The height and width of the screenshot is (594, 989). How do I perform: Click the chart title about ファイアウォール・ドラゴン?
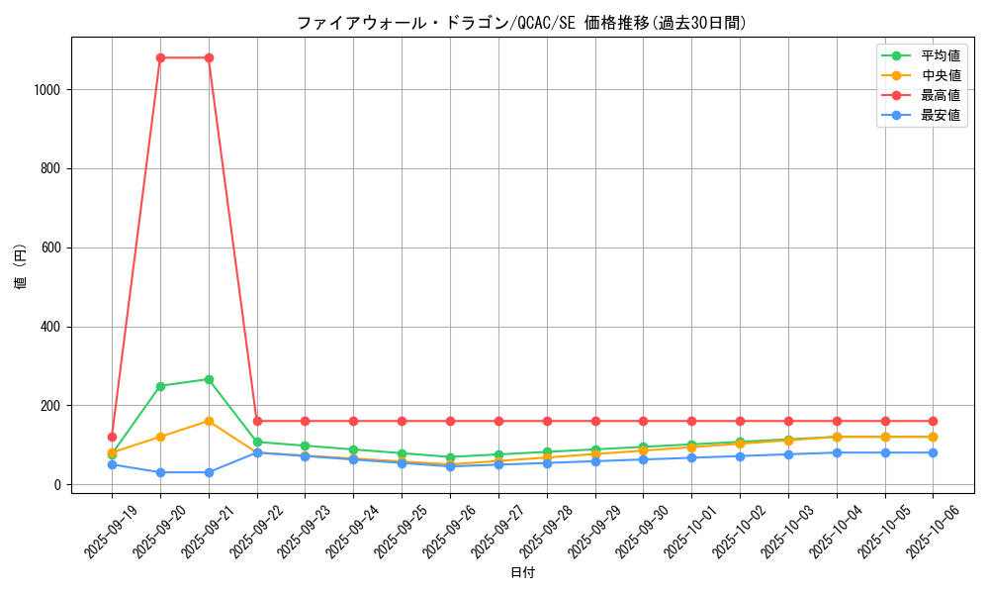pos(522,23)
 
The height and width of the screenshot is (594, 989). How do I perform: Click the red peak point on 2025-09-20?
pos(160,57)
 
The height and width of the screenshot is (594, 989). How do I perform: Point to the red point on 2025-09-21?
pos(209,57)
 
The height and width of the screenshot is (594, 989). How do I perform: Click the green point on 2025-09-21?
pos(209,379)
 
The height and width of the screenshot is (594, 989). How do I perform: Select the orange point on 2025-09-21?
pos(209,421)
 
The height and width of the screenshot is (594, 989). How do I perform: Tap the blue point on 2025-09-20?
pos(160,472)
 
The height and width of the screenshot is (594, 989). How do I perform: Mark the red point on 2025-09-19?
pos(112,437)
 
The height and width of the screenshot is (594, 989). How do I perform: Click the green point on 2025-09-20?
pos(160,386)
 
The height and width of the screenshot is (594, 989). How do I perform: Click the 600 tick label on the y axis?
pos(52,247)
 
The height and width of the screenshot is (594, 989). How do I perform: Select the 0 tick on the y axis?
pos(59,485)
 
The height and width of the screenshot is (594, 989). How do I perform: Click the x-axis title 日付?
pos(522,573)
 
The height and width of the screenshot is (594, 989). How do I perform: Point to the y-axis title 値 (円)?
pos(21,266)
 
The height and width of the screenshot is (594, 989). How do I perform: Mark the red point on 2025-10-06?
pos(933,421)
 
